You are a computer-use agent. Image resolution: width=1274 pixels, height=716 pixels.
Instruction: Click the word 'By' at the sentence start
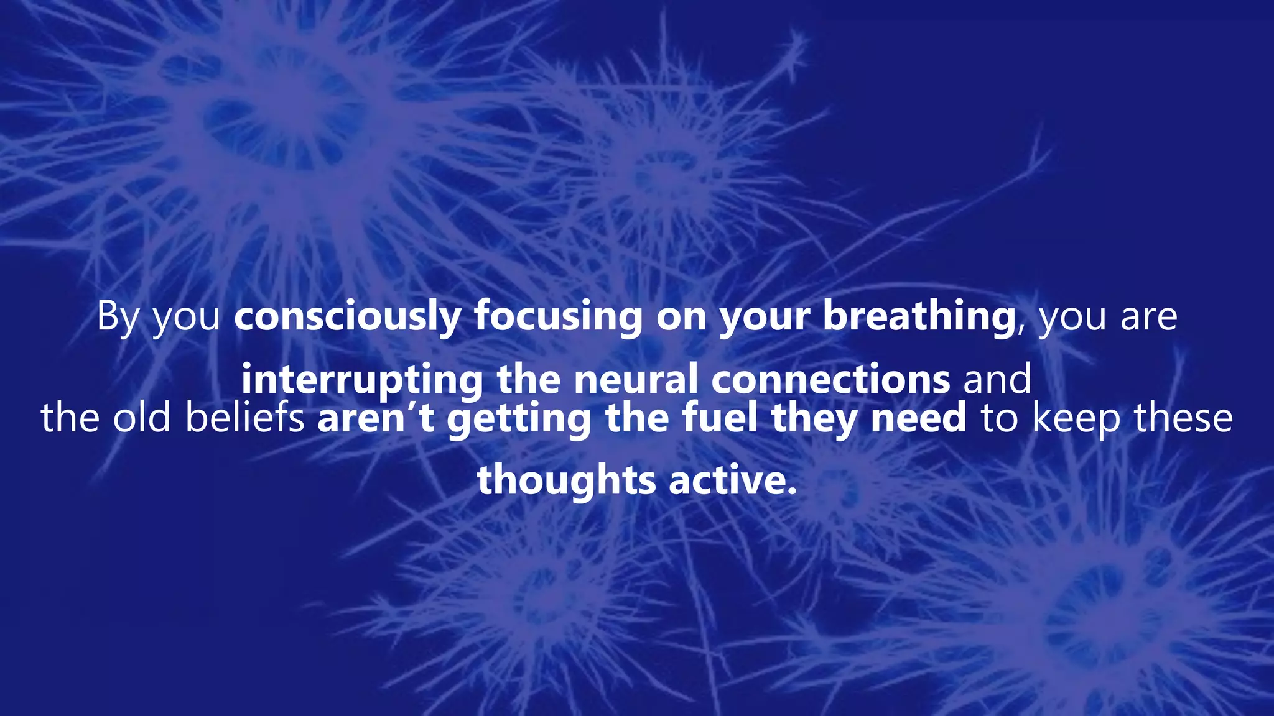tap(118, 317)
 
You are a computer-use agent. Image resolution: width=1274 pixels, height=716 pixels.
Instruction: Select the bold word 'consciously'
tap(347, 317)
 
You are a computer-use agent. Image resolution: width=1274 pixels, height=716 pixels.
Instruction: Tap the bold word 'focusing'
tap(558, 317)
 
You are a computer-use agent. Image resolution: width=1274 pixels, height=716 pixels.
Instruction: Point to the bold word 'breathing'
tap(919, 317)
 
